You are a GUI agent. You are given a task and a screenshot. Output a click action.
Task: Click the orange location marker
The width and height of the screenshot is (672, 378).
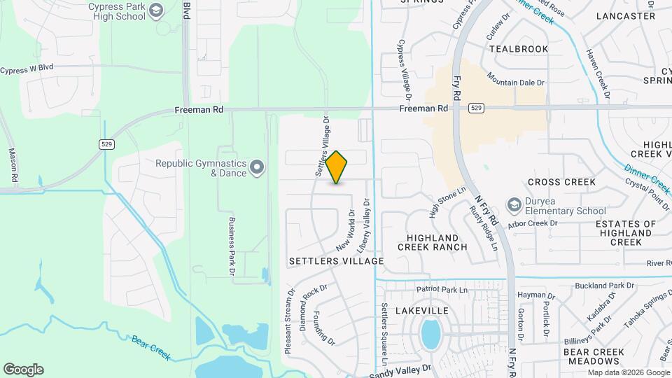(337, 167)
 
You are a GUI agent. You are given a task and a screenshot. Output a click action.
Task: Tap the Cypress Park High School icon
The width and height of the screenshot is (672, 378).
(156, 9)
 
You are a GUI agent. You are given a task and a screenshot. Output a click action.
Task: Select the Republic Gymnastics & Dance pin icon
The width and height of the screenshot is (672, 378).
(257, 167)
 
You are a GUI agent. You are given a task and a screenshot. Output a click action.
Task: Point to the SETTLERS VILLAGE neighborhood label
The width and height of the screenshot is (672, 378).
(336, 261)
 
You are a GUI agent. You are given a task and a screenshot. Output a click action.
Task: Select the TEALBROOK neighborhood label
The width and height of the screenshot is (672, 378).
(519, 49)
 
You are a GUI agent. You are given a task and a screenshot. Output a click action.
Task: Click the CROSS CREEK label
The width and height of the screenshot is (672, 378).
(561, 182)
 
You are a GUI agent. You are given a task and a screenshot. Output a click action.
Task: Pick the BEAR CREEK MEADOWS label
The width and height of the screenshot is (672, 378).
(594, 356)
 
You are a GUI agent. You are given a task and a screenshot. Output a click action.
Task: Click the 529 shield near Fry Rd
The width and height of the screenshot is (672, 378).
(476, 108)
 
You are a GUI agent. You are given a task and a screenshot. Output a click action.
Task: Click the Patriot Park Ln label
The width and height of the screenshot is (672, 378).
(441, 288)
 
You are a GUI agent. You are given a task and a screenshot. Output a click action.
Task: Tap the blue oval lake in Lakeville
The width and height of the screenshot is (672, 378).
(430, 334)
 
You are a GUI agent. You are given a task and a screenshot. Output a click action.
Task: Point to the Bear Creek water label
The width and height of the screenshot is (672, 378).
(151, 347)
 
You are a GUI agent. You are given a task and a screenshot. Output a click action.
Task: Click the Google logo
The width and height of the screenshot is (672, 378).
(23, 369)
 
